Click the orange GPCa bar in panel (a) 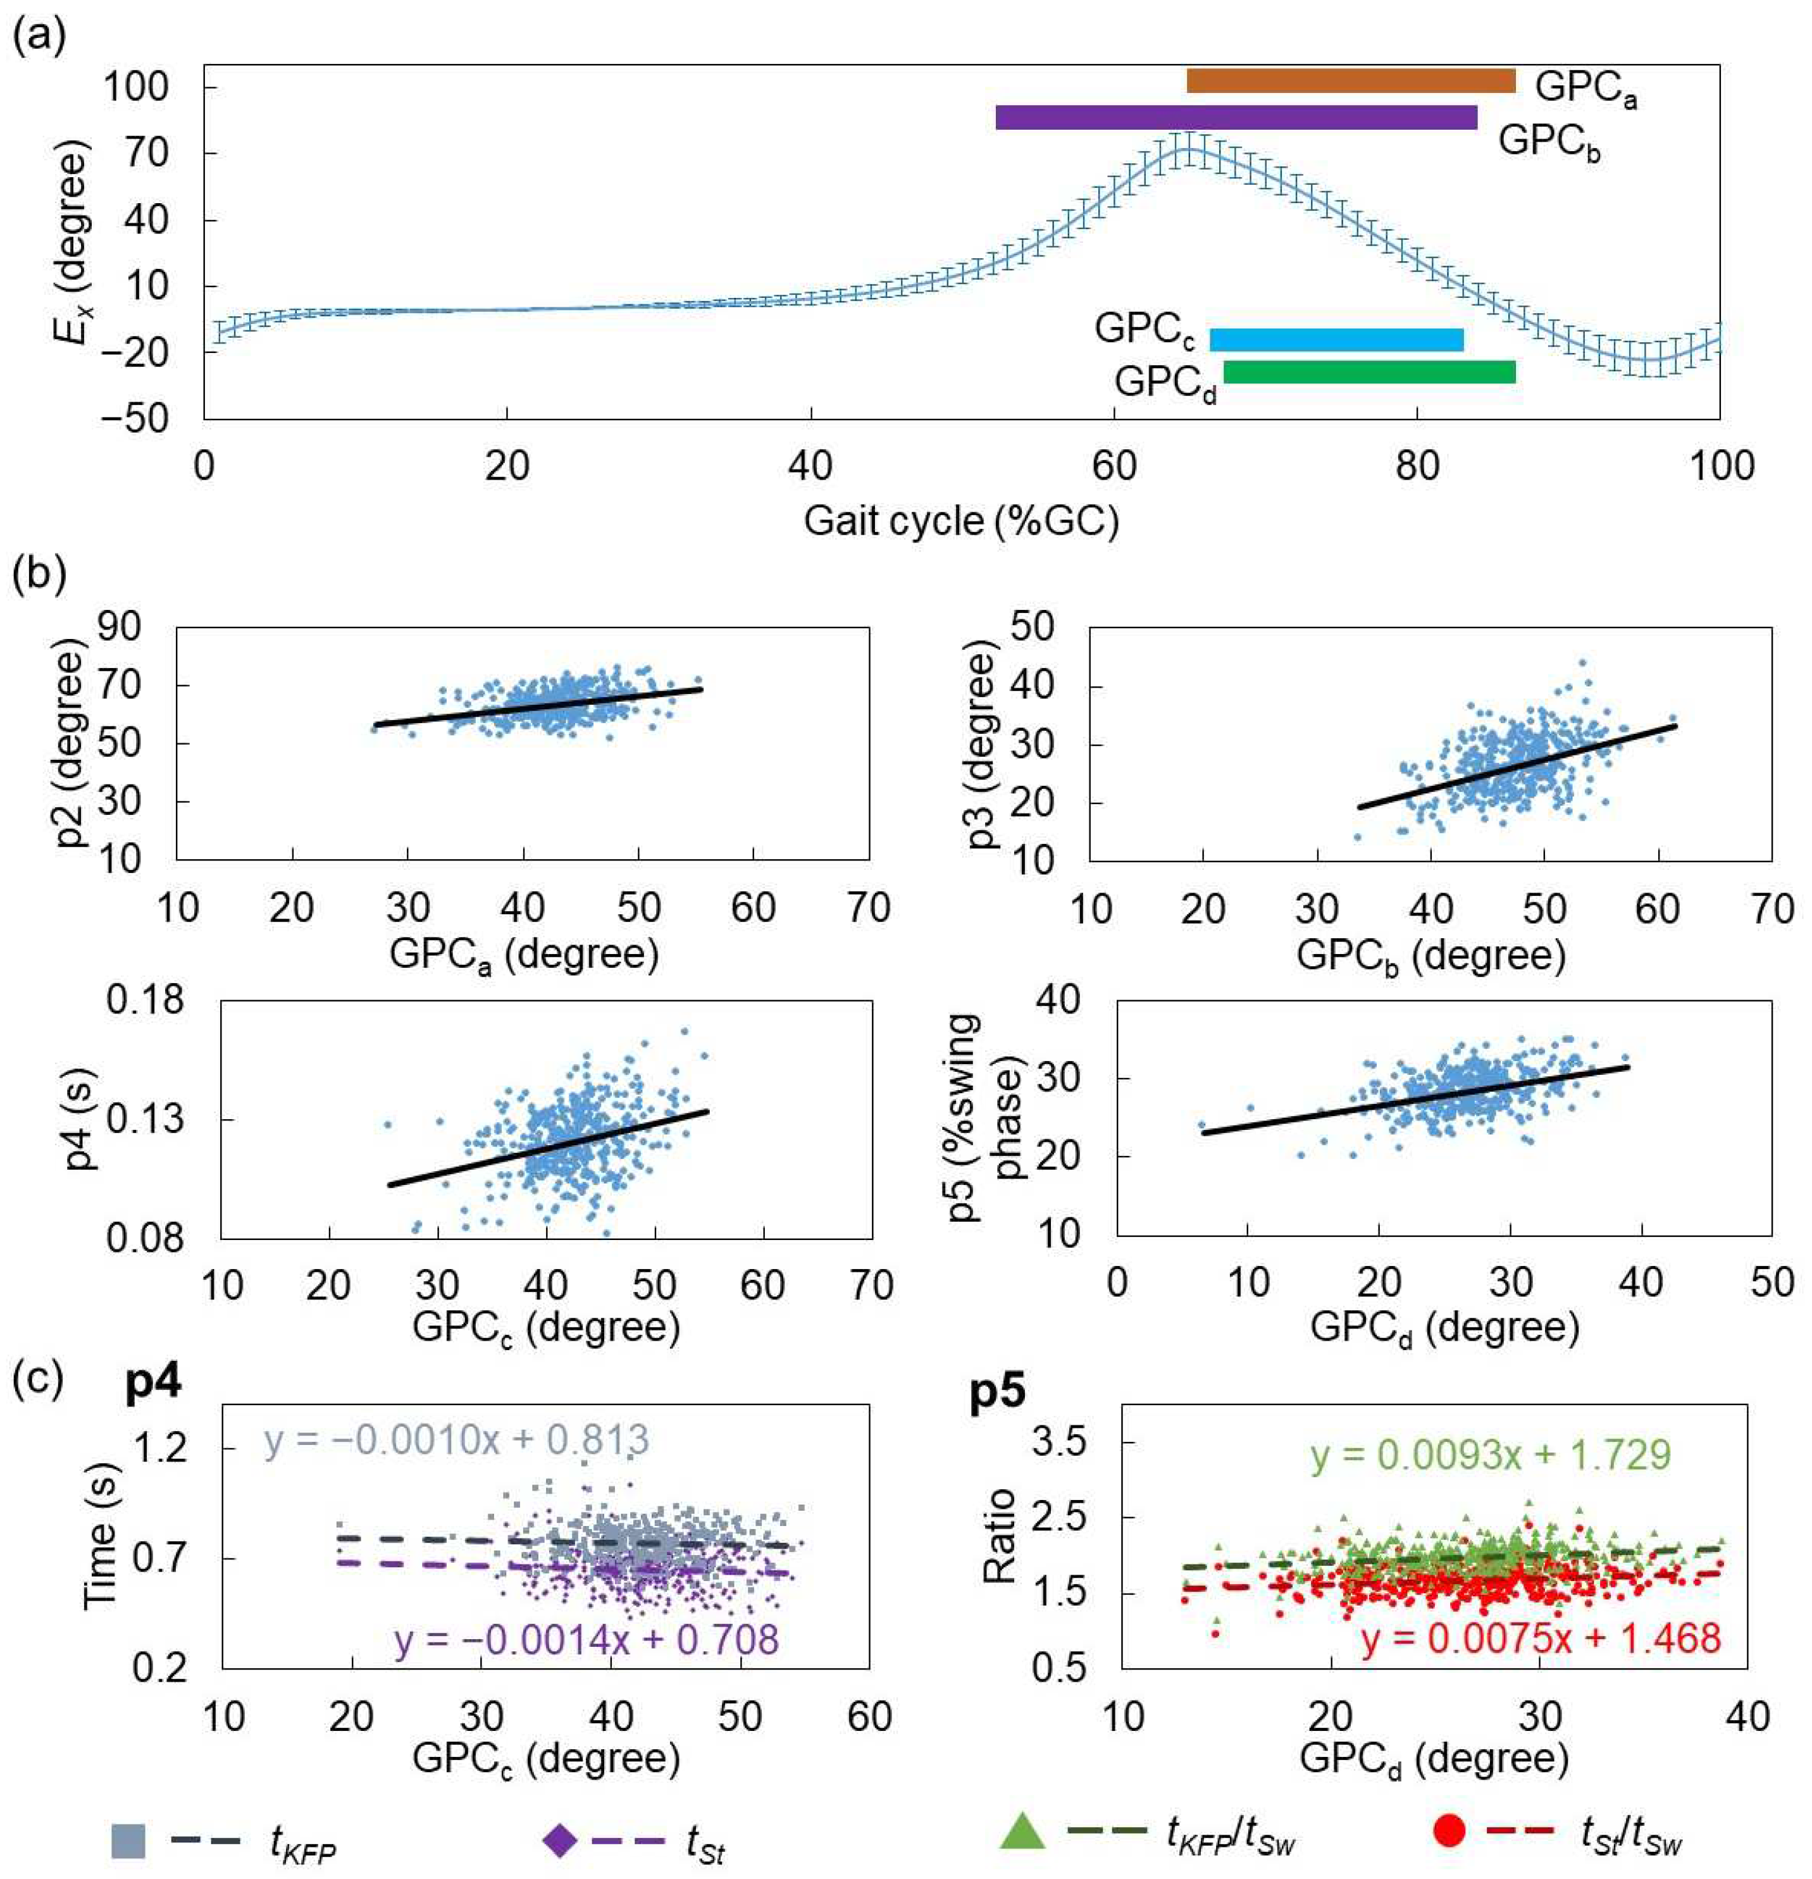(1350, 82)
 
